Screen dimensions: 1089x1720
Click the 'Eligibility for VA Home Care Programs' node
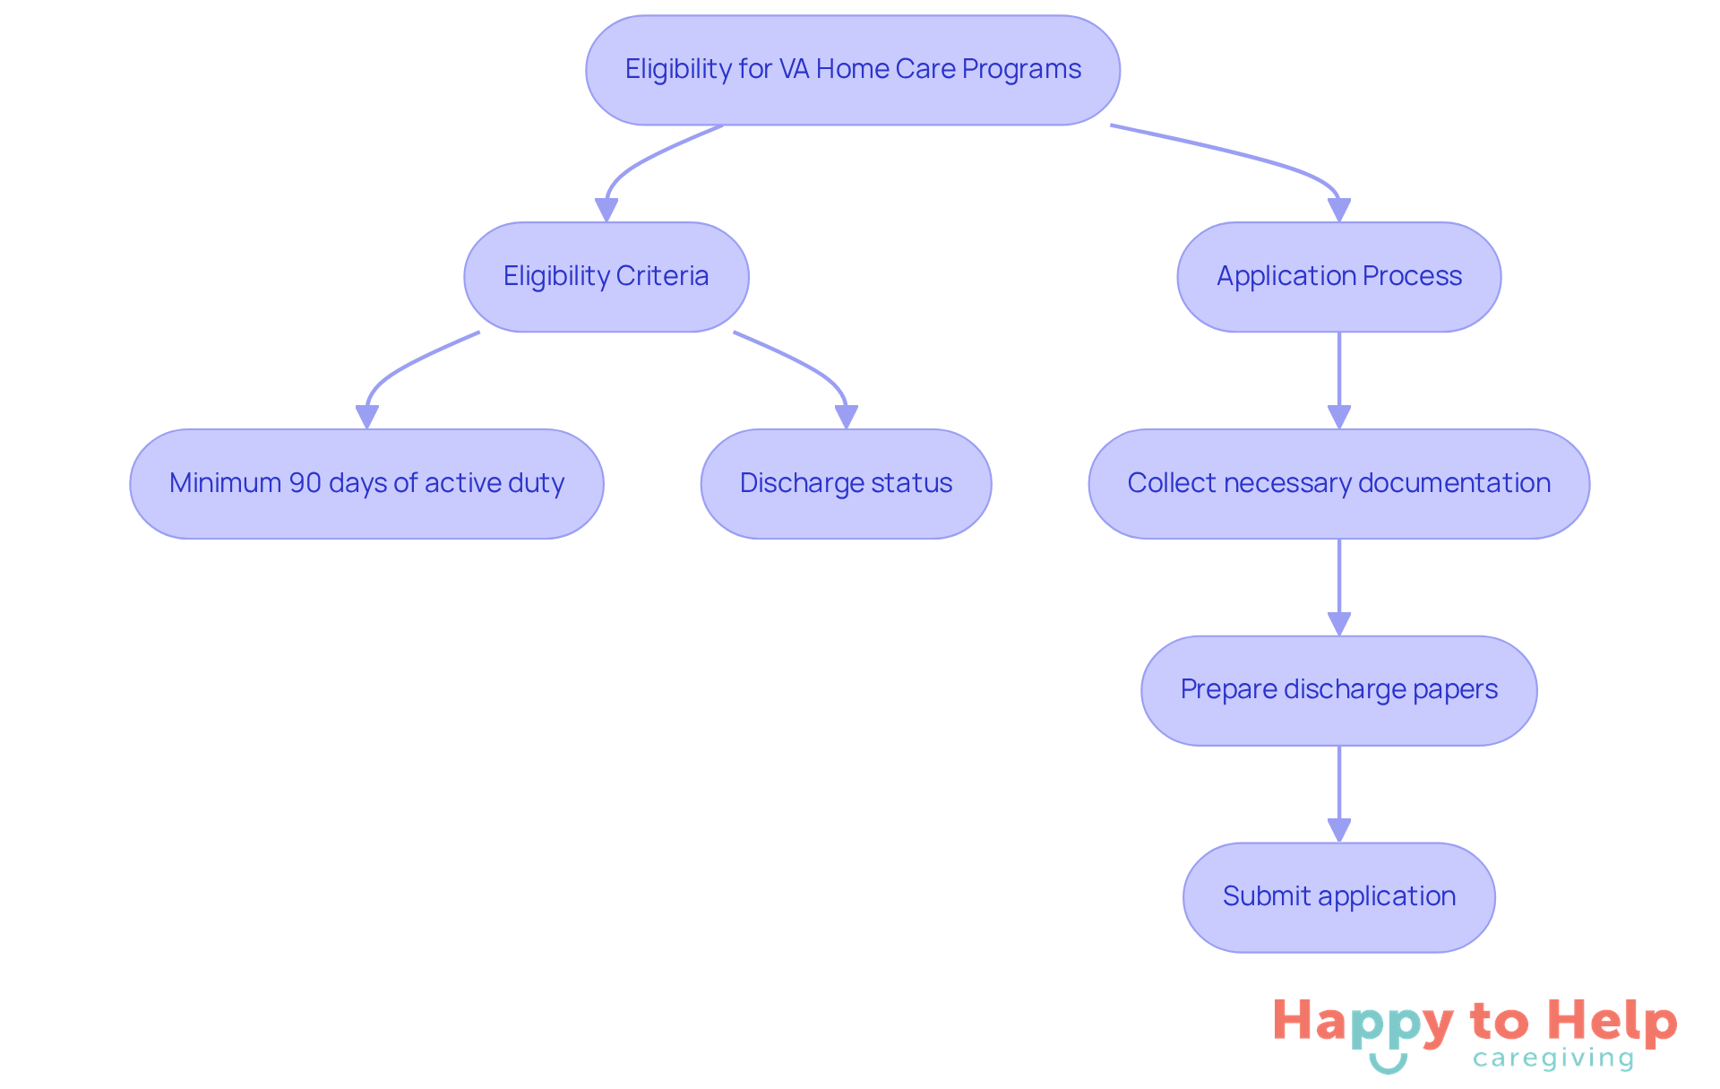(852, 70)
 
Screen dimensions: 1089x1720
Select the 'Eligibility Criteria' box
(606, 277)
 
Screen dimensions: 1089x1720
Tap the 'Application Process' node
(1338, 277)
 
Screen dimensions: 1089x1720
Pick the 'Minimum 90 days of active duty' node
(366, 484)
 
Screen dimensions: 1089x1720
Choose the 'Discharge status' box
(846, 484)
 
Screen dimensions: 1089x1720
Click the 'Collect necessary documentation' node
(1338, 484)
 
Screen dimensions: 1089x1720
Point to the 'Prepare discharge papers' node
(1338, 690)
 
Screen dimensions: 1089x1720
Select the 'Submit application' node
(1338, 897)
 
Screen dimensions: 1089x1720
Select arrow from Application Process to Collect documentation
(1338, 381)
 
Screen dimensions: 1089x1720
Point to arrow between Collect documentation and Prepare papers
(1338, 587)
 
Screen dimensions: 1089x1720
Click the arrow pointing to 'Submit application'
(1338, 794)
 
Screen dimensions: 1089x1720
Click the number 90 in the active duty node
(305, 484)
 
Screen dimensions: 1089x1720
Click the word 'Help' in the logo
(1612, 1022)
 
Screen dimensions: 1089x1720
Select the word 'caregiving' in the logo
(1553, 1059)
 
